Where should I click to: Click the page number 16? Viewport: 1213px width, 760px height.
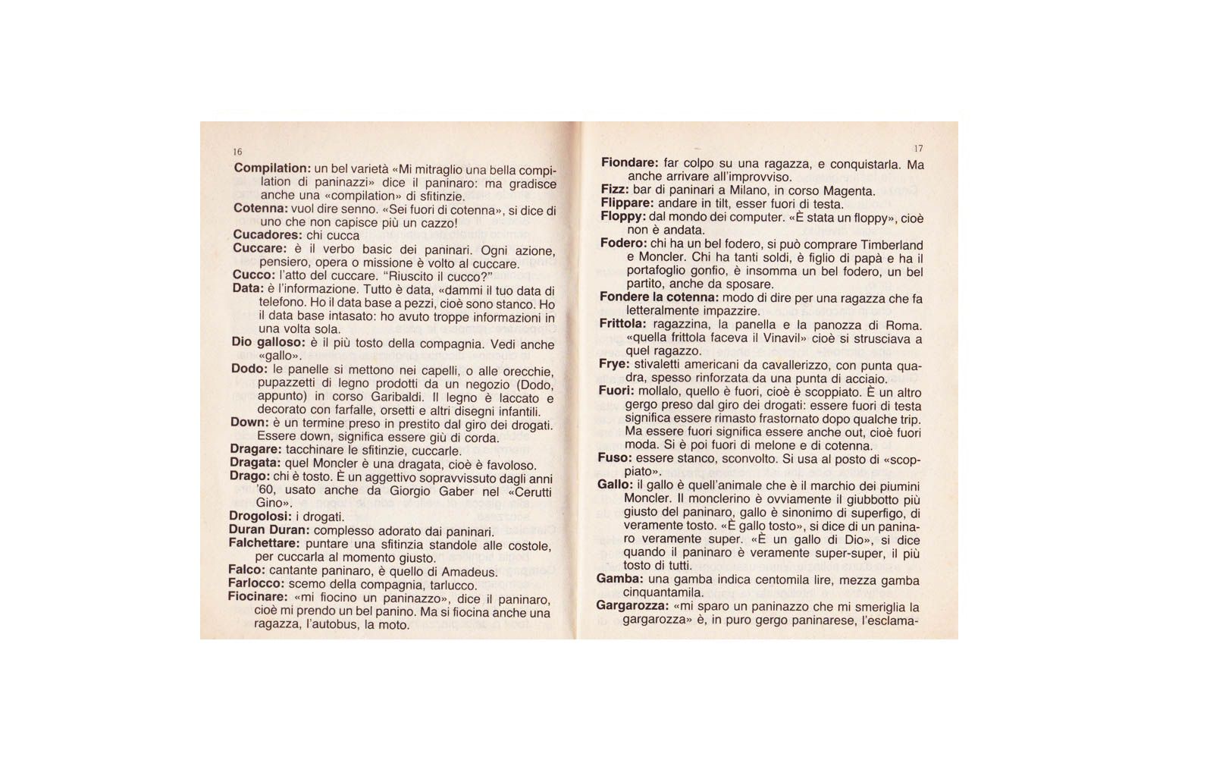point(237,152)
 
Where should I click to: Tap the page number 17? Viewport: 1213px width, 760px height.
point(918,148)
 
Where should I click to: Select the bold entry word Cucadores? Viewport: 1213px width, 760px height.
point(268,235)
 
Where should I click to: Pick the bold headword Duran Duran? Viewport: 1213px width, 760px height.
point(268,530)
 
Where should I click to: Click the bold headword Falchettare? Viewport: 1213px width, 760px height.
point(264,543)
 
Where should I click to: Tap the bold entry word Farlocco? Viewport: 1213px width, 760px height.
point(256,583)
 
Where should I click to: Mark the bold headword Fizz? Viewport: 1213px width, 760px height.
point(615,190)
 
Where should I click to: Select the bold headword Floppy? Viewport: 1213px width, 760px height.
point(623,217)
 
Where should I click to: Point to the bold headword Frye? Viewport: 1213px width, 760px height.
point(614,364)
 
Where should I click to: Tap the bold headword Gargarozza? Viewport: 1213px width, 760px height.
point(632,606)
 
